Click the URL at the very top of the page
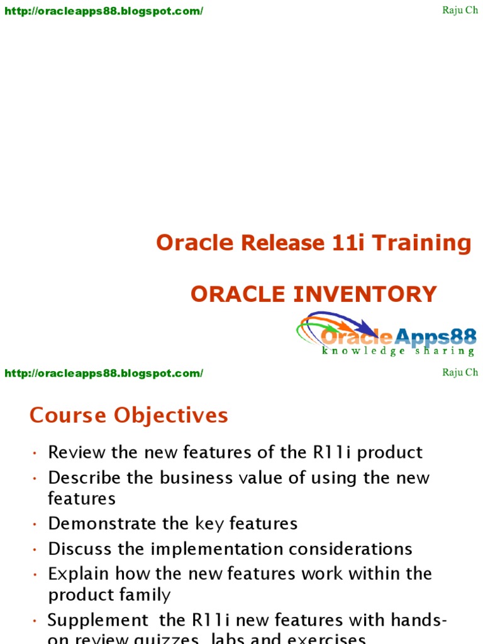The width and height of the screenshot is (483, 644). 104,11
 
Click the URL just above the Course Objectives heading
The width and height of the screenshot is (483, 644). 104,373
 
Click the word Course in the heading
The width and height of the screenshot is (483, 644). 69,415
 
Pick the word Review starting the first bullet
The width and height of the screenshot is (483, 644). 77,452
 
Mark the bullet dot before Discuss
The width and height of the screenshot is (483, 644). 35,550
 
